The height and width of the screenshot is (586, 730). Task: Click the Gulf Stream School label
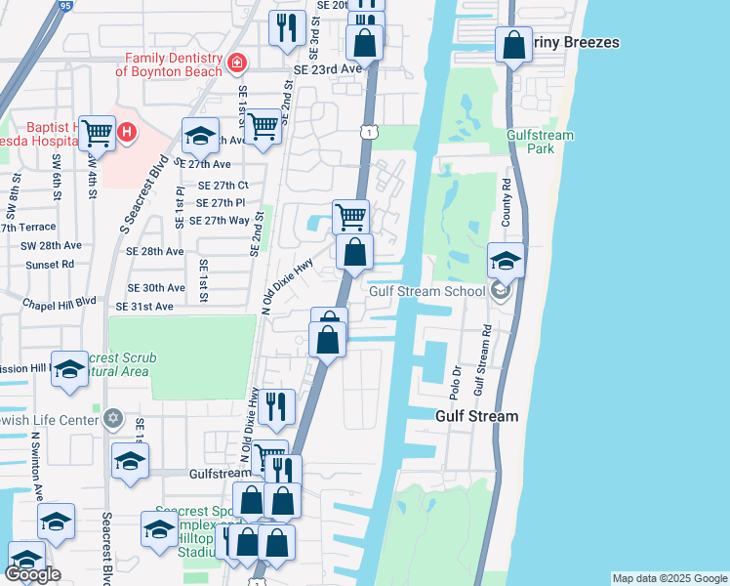coord(426,291)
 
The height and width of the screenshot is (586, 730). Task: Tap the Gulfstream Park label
coord(540,142)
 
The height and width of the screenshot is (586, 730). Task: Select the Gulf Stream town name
coord(476,416)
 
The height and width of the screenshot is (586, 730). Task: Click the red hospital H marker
coord(125,131)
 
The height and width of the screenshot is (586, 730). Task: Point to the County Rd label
coord(506,202)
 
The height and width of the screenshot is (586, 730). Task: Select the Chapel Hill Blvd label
coord(61,302)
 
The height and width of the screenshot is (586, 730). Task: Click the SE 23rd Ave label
coord(327,69)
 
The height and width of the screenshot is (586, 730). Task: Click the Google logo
coord(33,573)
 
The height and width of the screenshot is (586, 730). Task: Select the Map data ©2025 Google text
coord(669,578)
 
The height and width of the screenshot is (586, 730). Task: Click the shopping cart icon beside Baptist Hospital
coord(97,131)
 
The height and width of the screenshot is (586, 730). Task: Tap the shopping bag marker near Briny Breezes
coord(512,44)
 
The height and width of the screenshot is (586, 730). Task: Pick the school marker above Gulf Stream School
coord(506,260)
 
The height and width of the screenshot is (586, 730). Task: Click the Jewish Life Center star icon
coord(113,419)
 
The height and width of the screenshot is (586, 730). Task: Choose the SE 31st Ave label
coord(143,307)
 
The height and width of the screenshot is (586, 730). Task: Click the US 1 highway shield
coord(368,131)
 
